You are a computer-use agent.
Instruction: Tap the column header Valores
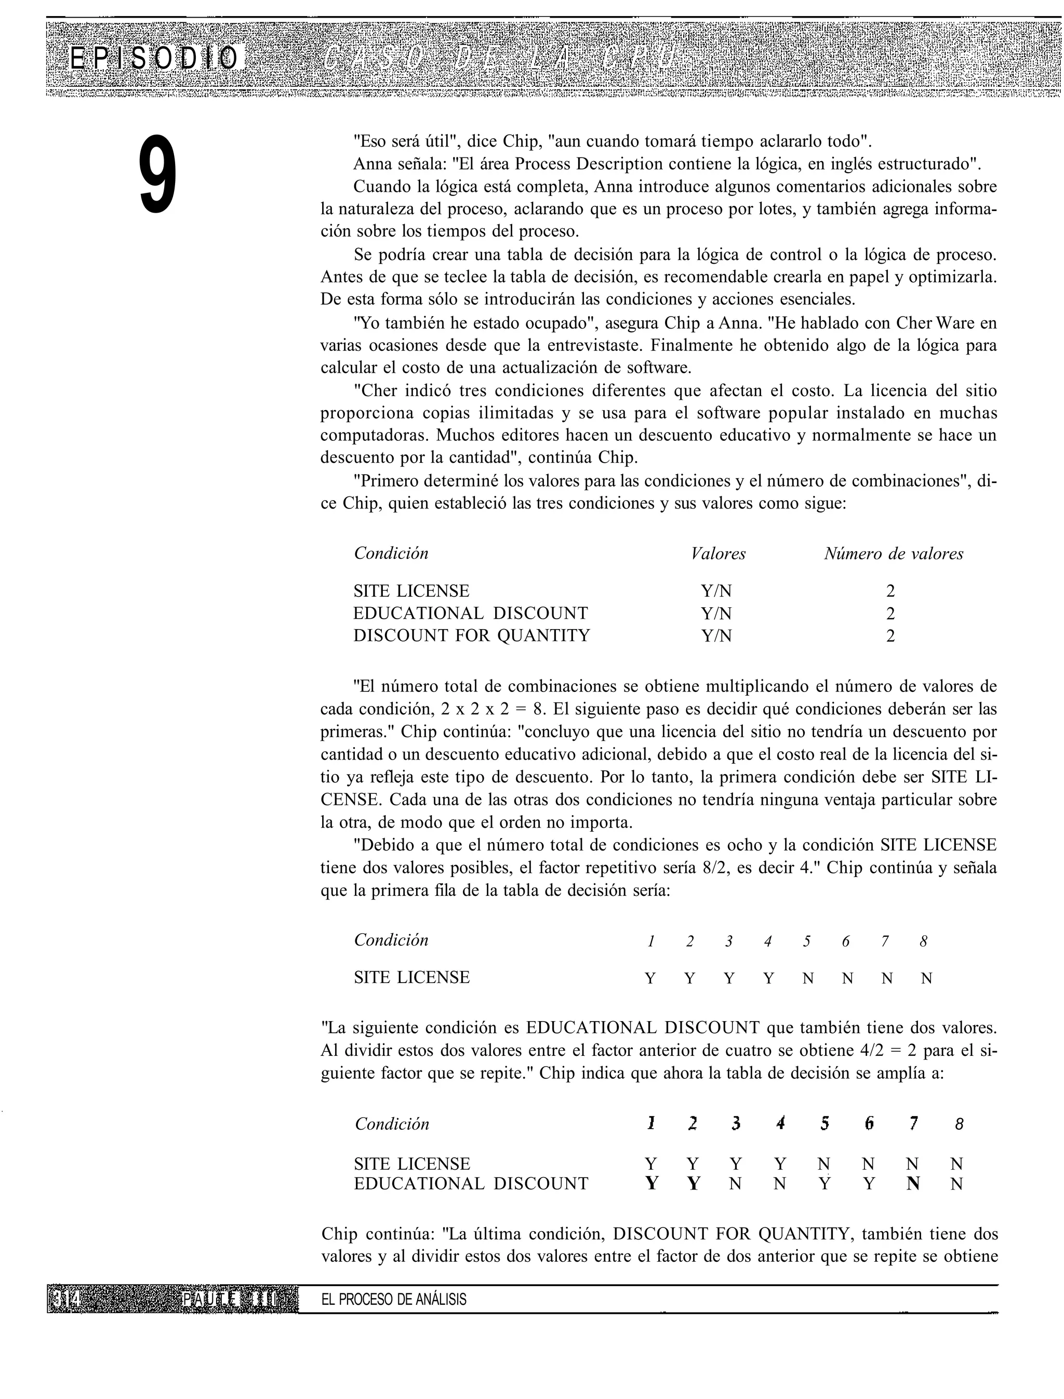pyautogui.click(x=718, y=554)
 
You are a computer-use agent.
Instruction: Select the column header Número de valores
pyautogui.click(x=893, y=554)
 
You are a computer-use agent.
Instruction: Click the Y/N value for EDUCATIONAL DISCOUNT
pyautogui.click(x=716, y=613)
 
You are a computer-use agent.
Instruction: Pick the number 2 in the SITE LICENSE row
pyautogui.click(x=890, y=591)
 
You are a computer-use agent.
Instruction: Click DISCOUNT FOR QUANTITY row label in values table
pyautogui.click(x=471, y=635)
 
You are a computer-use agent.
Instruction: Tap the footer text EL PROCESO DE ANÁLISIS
pyautogui.click(x=393, y=1300)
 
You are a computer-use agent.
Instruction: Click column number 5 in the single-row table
pyautogui.click(x=807, y=942)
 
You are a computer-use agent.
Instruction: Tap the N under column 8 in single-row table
pyautogui.click(x=926, y=978)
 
